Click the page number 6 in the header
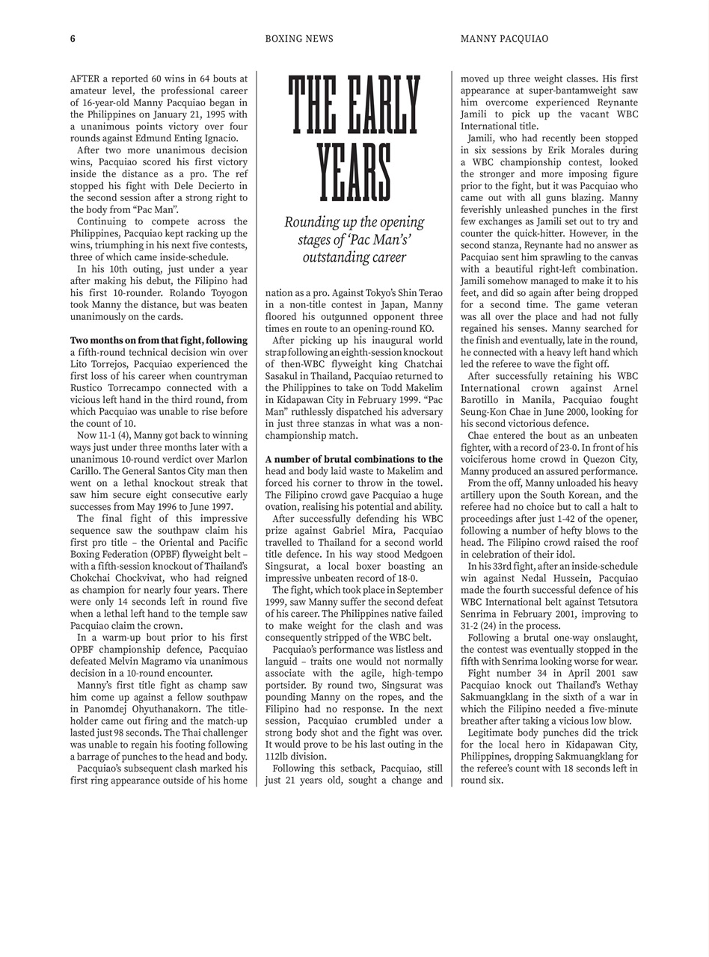tap(73, 39)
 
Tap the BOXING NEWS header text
tap(299, 39)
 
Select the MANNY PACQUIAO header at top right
tap(504, 39)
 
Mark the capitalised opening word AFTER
tap(85, 79)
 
